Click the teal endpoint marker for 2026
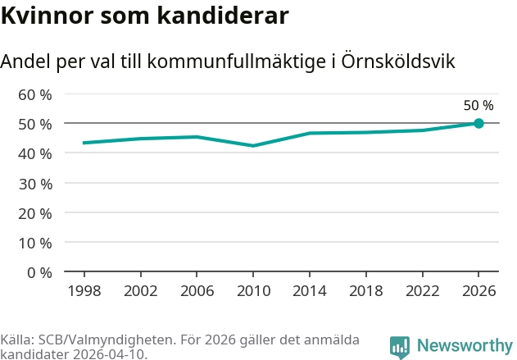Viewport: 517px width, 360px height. (x=478, y=123)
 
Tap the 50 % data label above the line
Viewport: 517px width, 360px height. (x=478, y=106)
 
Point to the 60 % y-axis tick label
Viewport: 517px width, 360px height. (x=35, y=95)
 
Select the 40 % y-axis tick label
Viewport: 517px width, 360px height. (x=35, y=154)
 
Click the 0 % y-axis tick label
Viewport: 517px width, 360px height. (x=39, y=273)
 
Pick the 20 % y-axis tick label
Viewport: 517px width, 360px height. (x=35, y=214)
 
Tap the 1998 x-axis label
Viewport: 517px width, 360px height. (x=84, y=291)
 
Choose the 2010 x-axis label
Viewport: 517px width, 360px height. (x=253, y=291)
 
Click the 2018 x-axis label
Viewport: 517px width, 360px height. (x=366, y=291)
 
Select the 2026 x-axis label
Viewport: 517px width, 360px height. (x=478, y=291)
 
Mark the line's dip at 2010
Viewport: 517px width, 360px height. (x=253, y=145)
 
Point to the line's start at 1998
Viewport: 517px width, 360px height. (x=84, y=143)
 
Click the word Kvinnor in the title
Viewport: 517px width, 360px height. (x=48, y=16)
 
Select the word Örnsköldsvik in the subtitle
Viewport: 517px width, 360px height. (x=398, y=61)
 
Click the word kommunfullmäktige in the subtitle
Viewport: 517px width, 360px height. (x=237, y=61)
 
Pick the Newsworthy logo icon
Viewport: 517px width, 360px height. (x=400, y=347)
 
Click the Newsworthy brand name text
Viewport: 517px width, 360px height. (x=465, y=345)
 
